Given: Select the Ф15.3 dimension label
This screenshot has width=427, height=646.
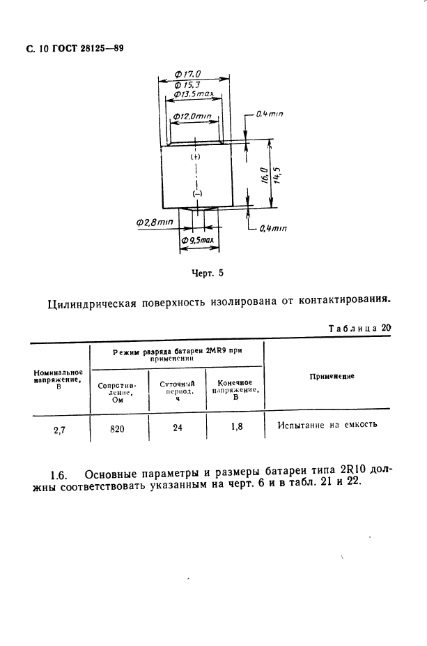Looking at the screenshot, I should pos(188,84).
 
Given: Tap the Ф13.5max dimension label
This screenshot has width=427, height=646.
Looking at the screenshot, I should pos(193,93).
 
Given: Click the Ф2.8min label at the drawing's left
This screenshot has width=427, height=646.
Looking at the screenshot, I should pos(155,222).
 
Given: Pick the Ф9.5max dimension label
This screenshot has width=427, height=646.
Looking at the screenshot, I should pos(198,241).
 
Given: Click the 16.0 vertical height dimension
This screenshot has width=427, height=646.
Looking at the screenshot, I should pos(263,174).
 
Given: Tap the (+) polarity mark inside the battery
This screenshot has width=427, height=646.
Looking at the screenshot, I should pos(195,158).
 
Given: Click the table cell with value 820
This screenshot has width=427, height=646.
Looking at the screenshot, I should pos(117,428).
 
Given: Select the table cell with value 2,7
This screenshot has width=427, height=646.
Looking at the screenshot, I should pos(59,429).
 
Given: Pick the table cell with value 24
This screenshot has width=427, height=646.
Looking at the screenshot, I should pos(177,428).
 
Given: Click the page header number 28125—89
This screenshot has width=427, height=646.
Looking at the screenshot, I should pos(94,50).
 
